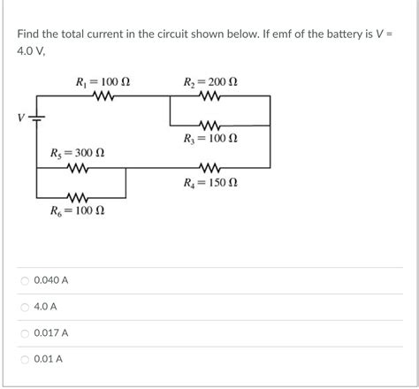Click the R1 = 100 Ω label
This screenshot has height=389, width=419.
pyautogui.click(x=104, y=83)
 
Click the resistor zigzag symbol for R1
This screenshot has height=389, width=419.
pyautogui.click(x=103, y=97)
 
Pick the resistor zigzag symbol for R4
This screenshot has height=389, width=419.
pyautogui.click(x=211, y=168)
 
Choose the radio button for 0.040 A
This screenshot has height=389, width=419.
pyautogui.click(x=24, y=280)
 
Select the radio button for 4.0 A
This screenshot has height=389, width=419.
pyautogui.click(x=24, y=307)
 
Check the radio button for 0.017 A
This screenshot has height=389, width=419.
pyautogui.click(x=24, y=333)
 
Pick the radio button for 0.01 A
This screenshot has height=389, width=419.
pyautogui.click(x=24, y=360)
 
